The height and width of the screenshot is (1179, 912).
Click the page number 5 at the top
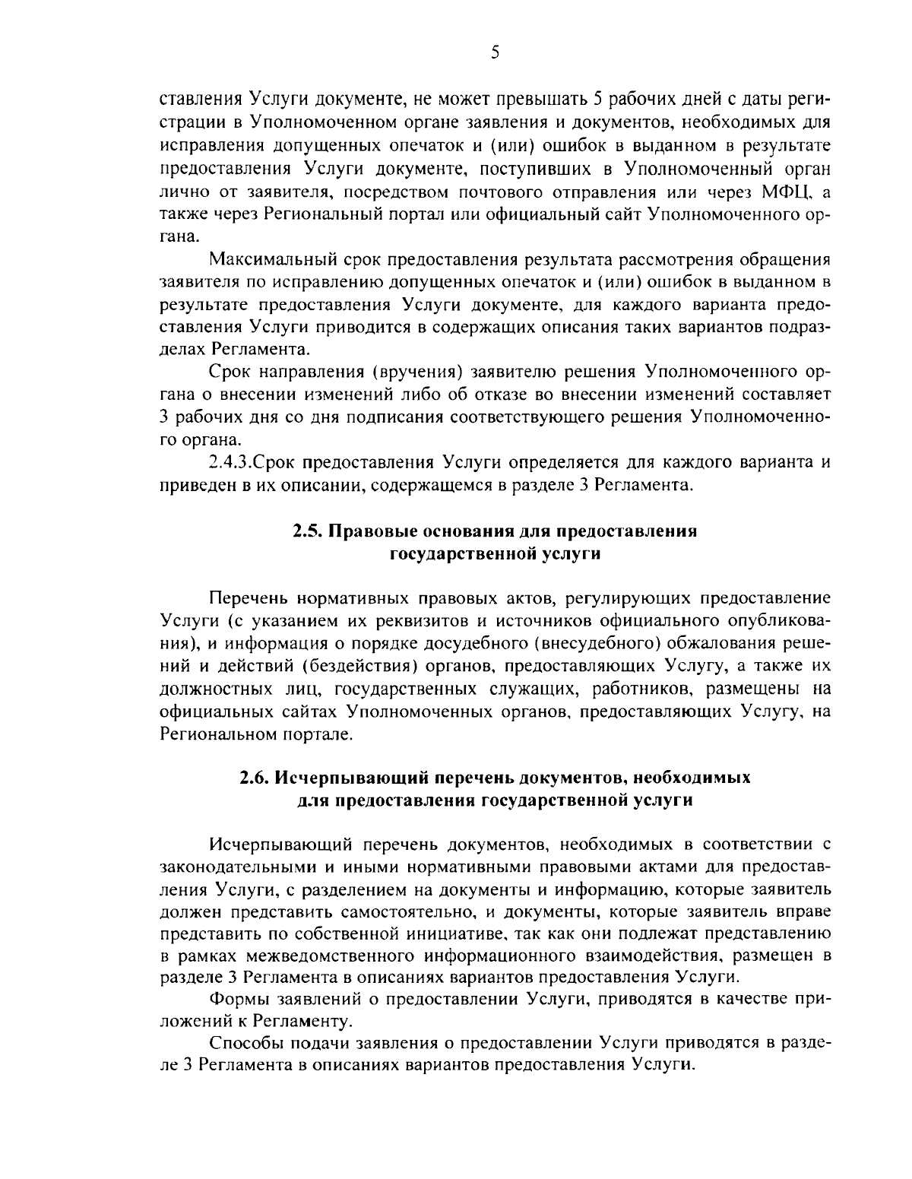point(495,52)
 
